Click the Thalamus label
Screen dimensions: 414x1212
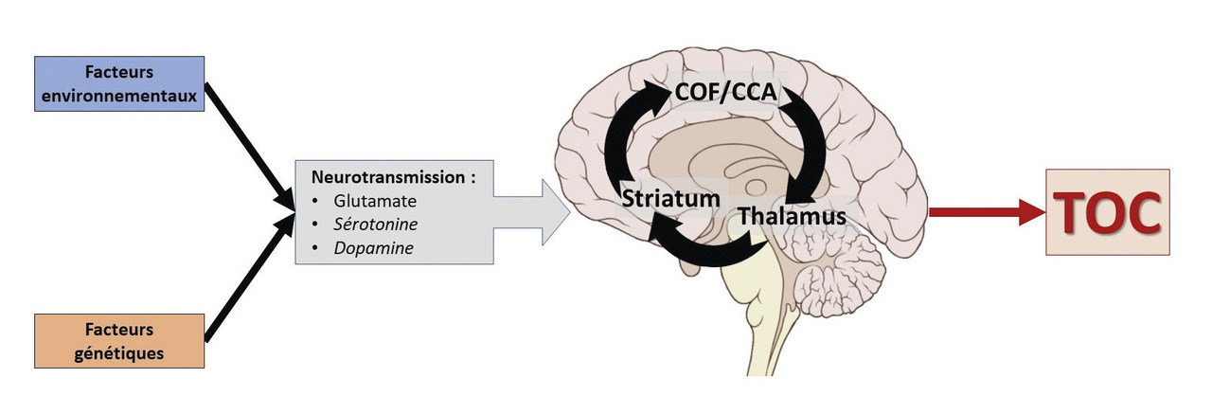point(792,215)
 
